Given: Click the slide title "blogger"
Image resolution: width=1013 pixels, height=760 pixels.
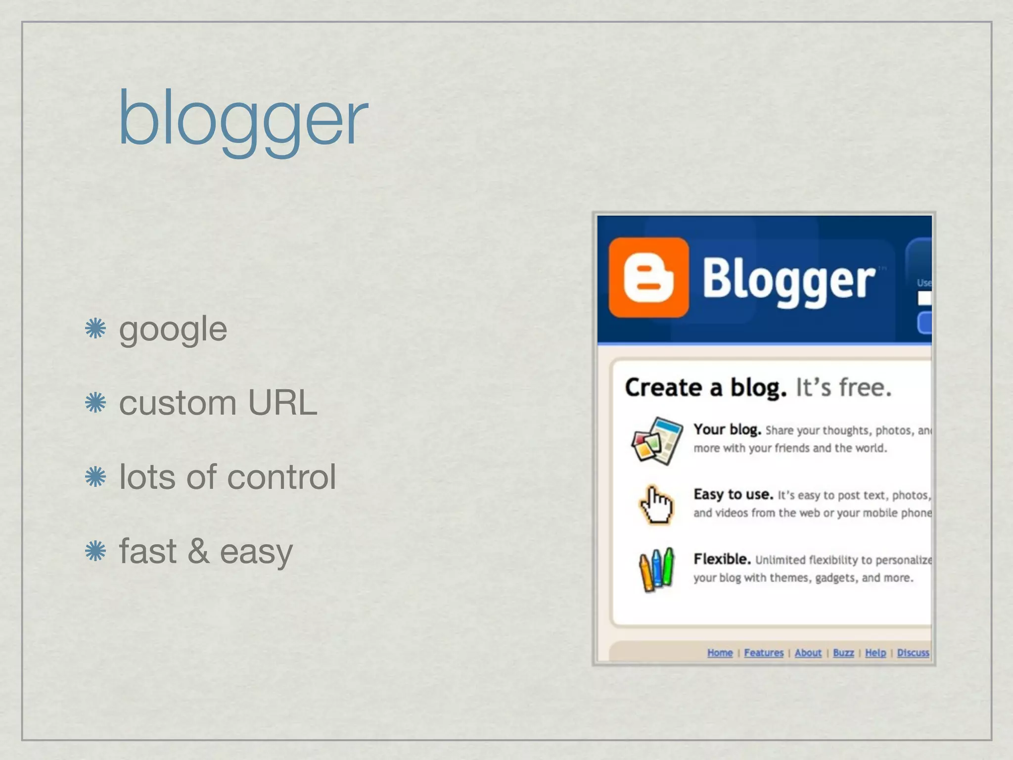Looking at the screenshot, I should [242, 119].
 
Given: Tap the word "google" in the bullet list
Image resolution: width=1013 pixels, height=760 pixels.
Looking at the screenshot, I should [173, 329].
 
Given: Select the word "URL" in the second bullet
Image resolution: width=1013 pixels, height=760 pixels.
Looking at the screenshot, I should [282, 403].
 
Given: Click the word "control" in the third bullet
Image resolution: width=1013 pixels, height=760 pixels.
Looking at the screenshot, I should [281, 477].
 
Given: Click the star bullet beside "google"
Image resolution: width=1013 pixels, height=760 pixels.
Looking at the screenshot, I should [95, 329].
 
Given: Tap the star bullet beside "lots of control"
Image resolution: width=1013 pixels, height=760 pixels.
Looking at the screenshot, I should [95, 477].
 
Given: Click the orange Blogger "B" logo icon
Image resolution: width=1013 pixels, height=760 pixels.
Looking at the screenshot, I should [648, 278].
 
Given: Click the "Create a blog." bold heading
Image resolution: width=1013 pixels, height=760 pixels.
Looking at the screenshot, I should [705, 387].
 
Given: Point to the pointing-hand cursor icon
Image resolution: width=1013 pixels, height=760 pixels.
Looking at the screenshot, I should [656, 504].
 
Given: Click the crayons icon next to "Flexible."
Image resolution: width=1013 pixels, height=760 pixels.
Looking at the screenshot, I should [656, 569].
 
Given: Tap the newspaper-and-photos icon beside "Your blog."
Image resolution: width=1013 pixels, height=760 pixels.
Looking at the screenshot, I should [656, 440].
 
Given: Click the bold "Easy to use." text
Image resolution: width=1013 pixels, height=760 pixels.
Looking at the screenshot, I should [733, 494].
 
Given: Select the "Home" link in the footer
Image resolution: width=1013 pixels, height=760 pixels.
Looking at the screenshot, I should [720, 653].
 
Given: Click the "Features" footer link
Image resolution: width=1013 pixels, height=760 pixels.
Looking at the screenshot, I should [764, 653].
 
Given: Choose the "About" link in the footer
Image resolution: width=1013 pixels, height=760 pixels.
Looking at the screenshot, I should [808, 653].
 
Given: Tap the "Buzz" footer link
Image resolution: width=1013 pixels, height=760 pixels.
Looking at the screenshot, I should [843, 653].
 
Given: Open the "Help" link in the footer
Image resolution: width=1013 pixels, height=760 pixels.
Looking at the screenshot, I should [875, 653].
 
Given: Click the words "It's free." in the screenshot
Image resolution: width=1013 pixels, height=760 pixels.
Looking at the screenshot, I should [843, 387].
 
